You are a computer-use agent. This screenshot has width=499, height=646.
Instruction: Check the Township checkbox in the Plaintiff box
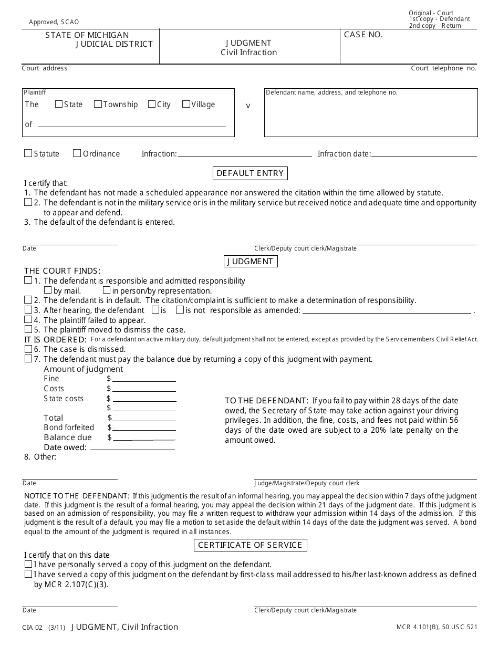pos(98,104)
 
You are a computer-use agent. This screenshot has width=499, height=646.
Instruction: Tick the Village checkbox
pos(186,104)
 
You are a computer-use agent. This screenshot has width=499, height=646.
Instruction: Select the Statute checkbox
pos(28,153)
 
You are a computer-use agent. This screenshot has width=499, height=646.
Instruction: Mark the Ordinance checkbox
pos(77,153)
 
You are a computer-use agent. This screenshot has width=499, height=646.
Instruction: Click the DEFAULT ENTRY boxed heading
pos(250,173)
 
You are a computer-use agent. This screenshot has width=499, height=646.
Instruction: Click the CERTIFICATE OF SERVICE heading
pos(250,545)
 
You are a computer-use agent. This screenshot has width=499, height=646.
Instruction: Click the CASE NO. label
pos(363,35)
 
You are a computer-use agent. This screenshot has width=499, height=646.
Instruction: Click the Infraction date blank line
pos(424,156)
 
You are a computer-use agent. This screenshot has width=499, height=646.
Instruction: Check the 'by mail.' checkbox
pos(48,290)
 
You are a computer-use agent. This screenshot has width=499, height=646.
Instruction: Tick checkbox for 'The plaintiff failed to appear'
pos(28,319)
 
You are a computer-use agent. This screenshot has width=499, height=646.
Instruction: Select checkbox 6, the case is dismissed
pos(28,349)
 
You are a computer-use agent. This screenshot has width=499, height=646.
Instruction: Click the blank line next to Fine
pos(144,381)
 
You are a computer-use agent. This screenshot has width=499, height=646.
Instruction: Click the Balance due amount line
pos(144,439)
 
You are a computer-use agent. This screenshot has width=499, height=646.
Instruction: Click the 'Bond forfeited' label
pos(69,428)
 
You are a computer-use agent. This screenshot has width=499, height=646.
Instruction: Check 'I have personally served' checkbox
pos(28,564)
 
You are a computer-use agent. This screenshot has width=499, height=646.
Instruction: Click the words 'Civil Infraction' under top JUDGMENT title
pos(248,53)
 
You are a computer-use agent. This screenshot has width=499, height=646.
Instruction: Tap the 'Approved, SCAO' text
pos(54,22)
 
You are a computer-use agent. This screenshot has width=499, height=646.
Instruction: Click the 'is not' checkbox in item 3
pos(180,310)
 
